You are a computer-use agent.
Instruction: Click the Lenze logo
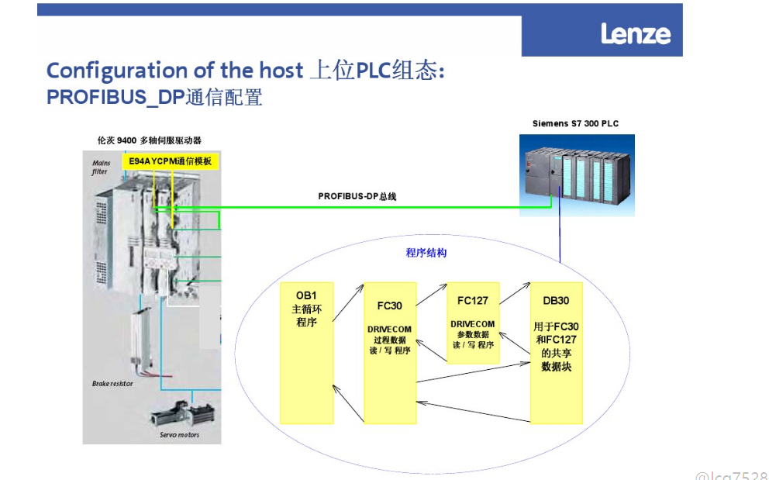coord(635,34)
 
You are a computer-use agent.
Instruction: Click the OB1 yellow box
coord(306,353)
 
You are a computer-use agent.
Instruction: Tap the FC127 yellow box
coord(473,323)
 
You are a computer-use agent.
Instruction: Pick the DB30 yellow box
coord(556,354)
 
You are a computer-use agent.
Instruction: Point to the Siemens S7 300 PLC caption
coord(575,123)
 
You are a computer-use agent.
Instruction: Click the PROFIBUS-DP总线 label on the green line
coord(357,196)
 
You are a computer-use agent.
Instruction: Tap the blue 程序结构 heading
coord(426,253)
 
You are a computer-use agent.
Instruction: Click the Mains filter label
coord(100,167)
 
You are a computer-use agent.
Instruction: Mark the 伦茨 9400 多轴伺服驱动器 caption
coord(149,140)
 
